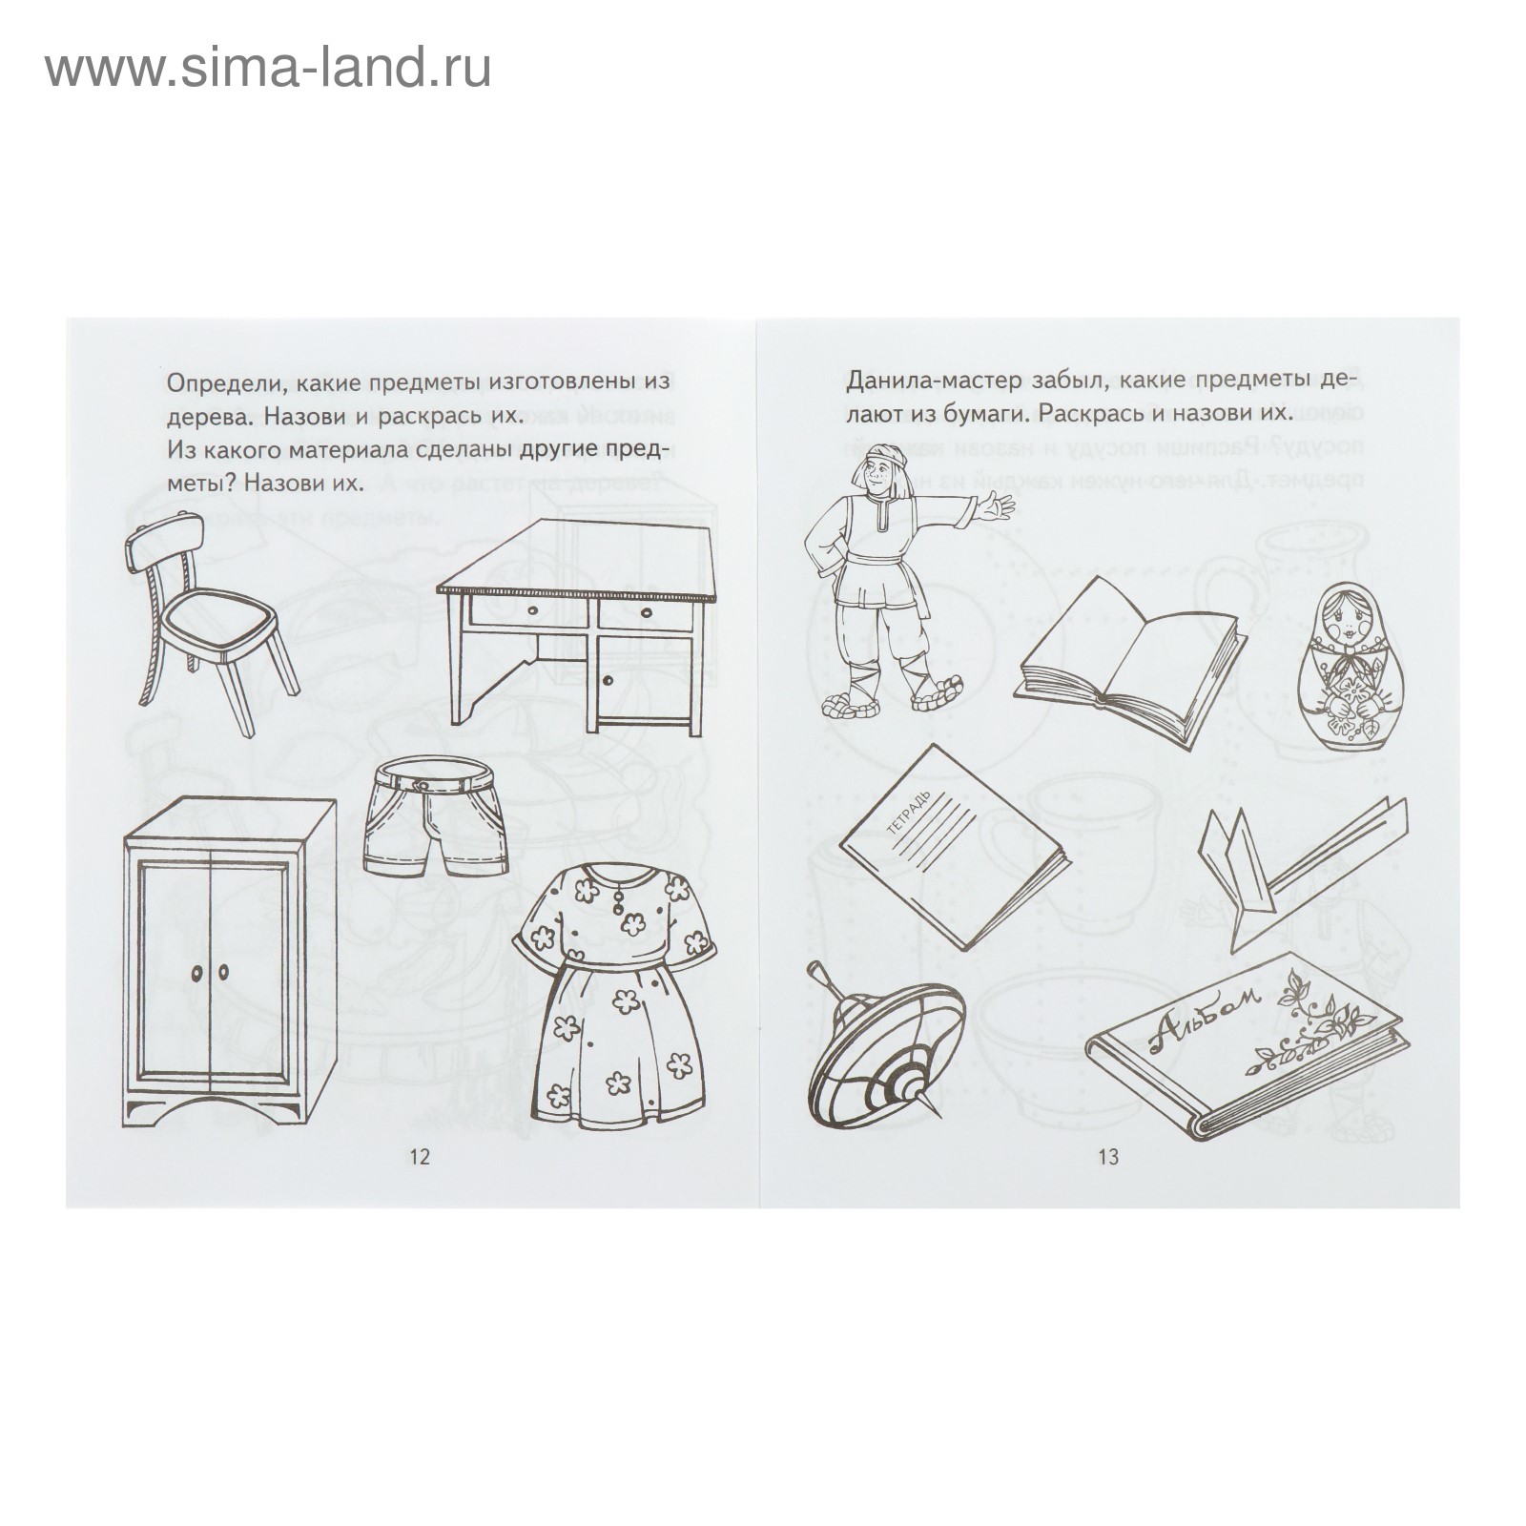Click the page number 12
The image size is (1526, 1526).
point(420,1157)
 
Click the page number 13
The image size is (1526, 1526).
point(1107,1157)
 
